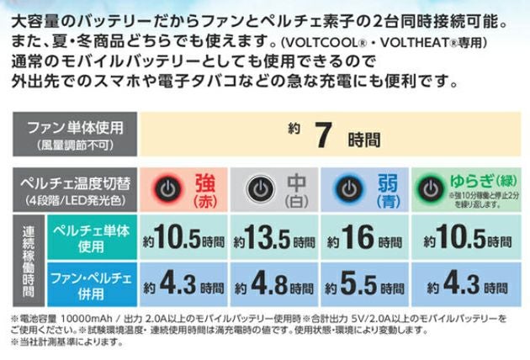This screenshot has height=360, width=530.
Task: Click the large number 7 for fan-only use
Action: pyautogui.click(x=321, y=135)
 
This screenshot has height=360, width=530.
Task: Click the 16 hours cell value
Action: pyautogui.click(x=358, y=238)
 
